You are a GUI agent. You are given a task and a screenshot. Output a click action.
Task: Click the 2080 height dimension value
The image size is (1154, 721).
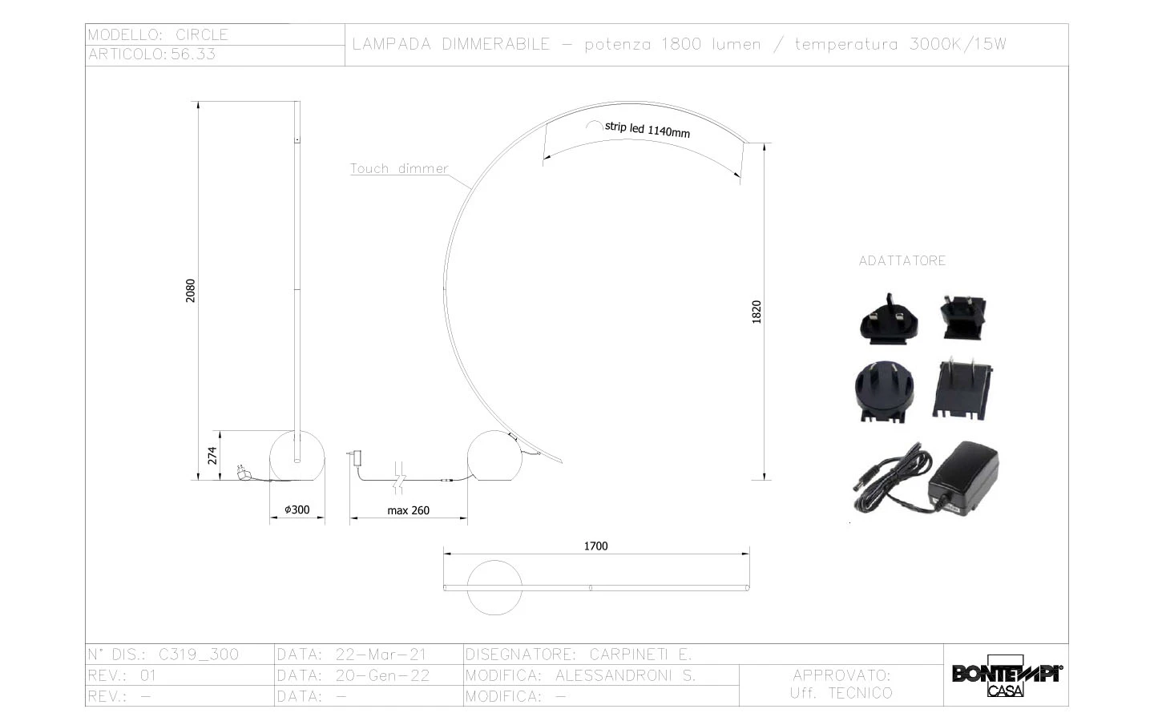pyautogui.click(x=191, y=291)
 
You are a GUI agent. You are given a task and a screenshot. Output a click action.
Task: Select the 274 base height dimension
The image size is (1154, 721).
pyautogui.click(x=212, y=455)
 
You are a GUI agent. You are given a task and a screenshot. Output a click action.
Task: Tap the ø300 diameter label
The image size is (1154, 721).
pyautogui.click(x=297, y=510)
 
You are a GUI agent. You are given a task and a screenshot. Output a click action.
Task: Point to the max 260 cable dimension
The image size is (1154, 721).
pyautogui.click(x=409, y=510)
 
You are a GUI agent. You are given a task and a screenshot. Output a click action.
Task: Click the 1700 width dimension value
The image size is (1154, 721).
pyautogui.click(x=595, y=546)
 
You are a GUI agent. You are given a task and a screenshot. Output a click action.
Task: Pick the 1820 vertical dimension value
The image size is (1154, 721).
pyautogui.click(x=757, y=312)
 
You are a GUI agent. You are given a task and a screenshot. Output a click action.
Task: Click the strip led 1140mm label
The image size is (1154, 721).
pyautogui.click(x=647, y=130)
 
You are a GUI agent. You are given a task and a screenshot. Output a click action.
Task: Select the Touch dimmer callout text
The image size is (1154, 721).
pyautogui.click(x=399, y=168)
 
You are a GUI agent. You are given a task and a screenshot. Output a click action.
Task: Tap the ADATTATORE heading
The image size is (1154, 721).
pyautogui.click(x=902, y=260)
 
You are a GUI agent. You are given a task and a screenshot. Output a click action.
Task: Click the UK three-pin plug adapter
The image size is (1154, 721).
pyautogui.click(x=889, y=320)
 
